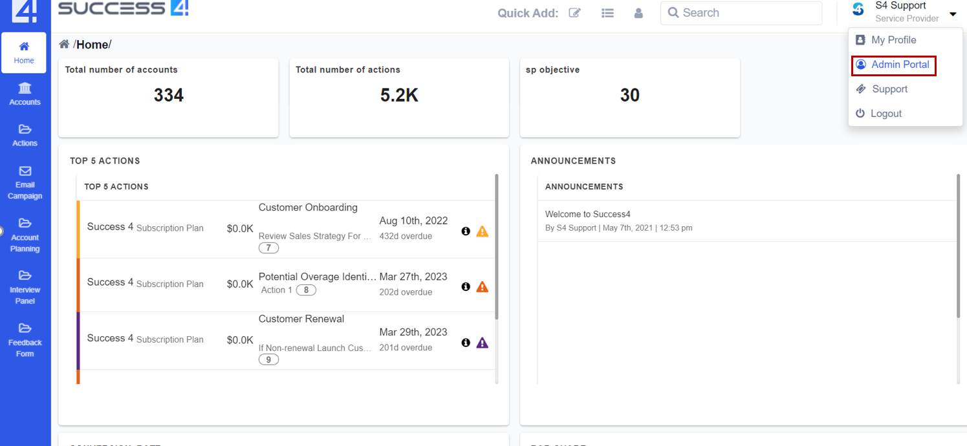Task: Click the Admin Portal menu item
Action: tap(900, 65)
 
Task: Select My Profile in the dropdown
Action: tap(893, 40)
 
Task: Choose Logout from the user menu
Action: tap(886, 114)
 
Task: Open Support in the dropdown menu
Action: tap(889, 89)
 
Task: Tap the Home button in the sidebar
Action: tap(24, 52)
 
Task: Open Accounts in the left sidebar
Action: tap(25, 94)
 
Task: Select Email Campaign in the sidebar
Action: tap(25, 183)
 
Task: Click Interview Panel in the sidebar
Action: tap(25, 288)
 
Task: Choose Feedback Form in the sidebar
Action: tap(25, 341)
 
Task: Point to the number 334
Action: tap(169, 96)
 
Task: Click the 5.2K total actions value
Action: tap(399, 96)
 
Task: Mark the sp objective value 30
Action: tap(629, 96)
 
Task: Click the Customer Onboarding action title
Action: tap(308, 207)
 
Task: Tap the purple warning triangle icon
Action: tap(482, 343)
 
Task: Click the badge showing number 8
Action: tap(306, 290)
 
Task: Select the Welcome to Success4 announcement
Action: tap(587, 214)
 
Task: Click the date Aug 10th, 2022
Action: tap(413, 221)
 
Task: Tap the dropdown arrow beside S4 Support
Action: tap(953, 14)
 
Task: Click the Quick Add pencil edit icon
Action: tap(574, 13)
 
